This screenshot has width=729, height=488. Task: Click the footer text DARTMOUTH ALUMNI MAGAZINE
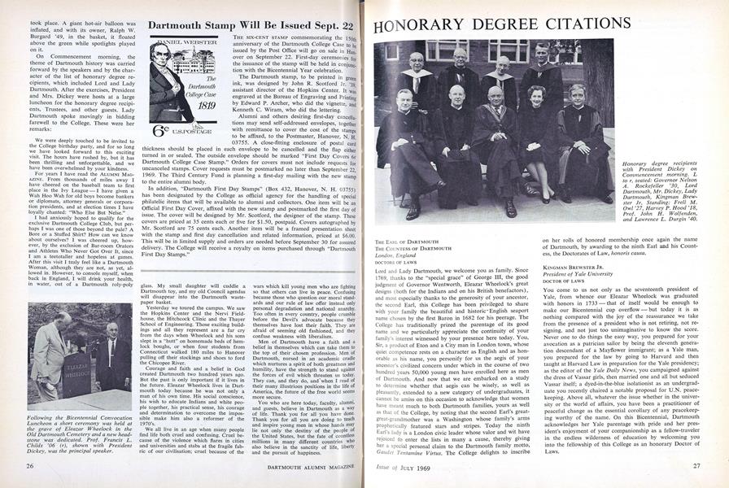pos(246,466)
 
